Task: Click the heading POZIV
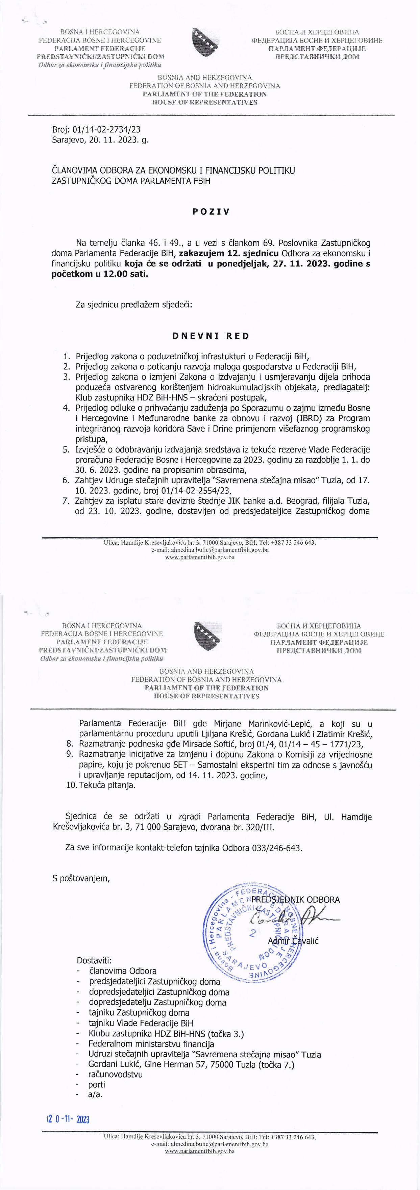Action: pyautogui.click(x=211, y=212)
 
